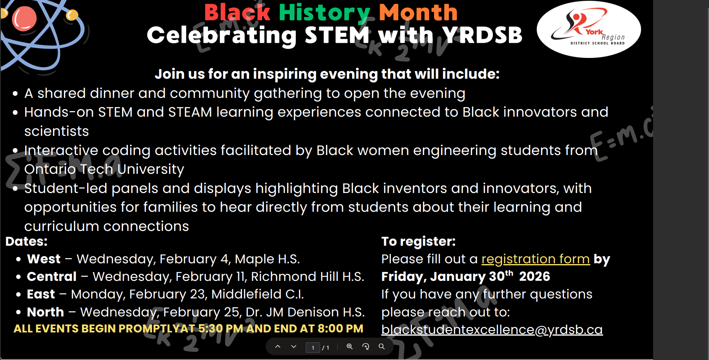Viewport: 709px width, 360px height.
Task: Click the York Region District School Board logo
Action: (x=589, y=29)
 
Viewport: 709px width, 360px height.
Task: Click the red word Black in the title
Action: (x=237, y=12)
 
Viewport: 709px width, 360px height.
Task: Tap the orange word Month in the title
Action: (x=418, y=12)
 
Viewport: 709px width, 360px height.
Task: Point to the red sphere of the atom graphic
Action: (x=24, y=18)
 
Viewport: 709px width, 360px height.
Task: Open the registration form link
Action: (x=536, y=259)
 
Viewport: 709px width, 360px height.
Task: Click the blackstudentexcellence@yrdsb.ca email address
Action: (x=492, y=330)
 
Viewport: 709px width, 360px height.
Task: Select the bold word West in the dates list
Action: (x=44, y=259)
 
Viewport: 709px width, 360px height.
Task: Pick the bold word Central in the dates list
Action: (x=52, y=276)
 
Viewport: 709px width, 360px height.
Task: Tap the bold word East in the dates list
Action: (x=41, y=294)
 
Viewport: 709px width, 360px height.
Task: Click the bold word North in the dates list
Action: (x=46, y=312)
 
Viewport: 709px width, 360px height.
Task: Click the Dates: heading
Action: (x=26, y=241)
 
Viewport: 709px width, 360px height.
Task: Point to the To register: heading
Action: (x=418, y=242)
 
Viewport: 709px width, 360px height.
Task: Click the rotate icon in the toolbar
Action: (x=366, y=346)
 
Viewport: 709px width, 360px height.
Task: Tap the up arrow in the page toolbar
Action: (x=278, y=346)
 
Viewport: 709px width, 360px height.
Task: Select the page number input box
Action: (x=313, y=348)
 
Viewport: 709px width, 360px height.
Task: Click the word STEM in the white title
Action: (x=337, y=35)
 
